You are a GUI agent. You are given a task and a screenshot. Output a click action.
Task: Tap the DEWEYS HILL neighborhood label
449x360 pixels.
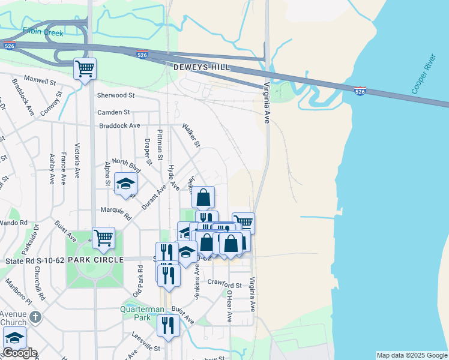pos(201,68)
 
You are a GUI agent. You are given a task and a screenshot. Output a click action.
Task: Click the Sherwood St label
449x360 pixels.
pos(115,95)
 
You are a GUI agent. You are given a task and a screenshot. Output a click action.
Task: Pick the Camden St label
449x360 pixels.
pos(113,112)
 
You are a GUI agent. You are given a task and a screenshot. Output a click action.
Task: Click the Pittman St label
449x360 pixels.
pos(160,144)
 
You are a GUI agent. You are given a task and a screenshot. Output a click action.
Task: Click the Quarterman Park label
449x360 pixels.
pos(143,313)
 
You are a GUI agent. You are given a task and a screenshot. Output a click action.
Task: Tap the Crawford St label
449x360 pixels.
pos(224,284)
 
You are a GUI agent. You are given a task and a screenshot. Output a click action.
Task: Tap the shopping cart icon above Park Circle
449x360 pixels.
pos(104,238)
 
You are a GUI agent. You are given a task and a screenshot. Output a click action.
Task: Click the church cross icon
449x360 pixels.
pos(35,316)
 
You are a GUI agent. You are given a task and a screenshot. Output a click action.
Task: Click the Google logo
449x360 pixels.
pos(20,353)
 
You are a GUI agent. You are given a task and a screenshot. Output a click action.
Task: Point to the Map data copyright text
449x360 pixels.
pos(411,355)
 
